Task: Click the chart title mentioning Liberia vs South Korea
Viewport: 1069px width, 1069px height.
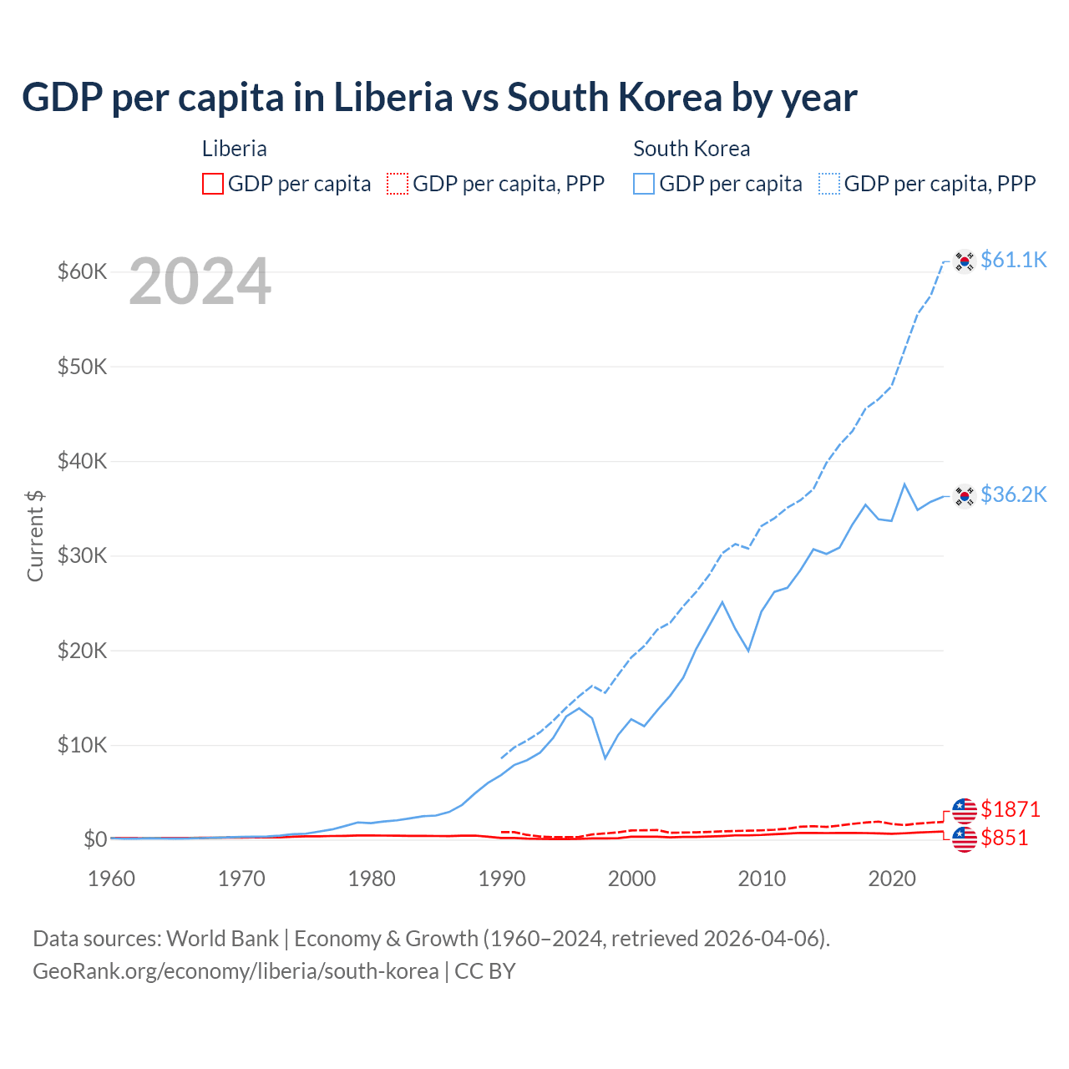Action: click(x=439, y=98)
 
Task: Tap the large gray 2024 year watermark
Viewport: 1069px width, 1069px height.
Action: click(x=200, y=282)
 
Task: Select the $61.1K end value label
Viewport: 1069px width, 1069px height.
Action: click(x=1013, y=260)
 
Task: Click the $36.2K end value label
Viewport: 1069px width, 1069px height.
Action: click(x=1013, y=494)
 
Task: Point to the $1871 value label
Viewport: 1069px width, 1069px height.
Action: click(x=1010, y=809)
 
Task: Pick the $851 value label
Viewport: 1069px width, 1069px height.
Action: click(x=1004, y=838)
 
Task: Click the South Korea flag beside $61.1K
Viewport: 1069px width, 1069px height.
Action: click(x=965, y=261)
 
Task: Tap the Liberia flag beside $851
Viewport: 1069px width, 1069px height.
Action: click(x=965, y=839)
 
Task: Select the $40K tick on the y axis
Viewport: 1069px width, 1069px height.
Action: click(x=82, y=461)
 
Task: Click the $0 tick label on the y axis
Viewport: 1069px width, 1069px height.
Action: click(x=94, y=839)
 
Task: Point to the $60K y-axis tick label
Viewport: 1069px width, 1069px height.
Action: click(x=82, y=272)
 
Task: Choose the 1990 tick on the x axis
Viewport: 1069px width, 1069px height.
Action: click(x=501, y=879)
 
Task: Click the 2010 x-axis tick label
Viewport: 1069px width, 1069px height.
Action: click(x=762, y=879)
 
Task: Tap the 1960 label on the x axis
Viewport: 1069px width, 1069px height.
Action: click(x=111, y=879)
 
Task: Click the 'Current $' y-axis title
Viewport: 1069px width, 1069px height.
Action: click(x=35, y=535)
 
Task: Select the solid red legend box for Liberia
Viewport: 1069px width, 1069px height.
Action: click(x=213, y=184)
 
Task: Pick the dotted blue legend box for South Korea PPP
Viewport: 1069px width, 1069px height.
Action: click(x=829, y=184)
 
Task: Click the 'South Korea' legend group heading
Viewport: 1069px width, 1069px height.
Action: click(x=692, y=149)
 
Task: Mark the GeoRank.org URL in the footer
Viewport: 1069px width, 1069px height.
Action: click(x=236, y=971)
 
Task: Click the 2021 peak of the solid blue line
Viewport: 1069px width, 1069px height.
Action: click(x=904, y=484)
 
